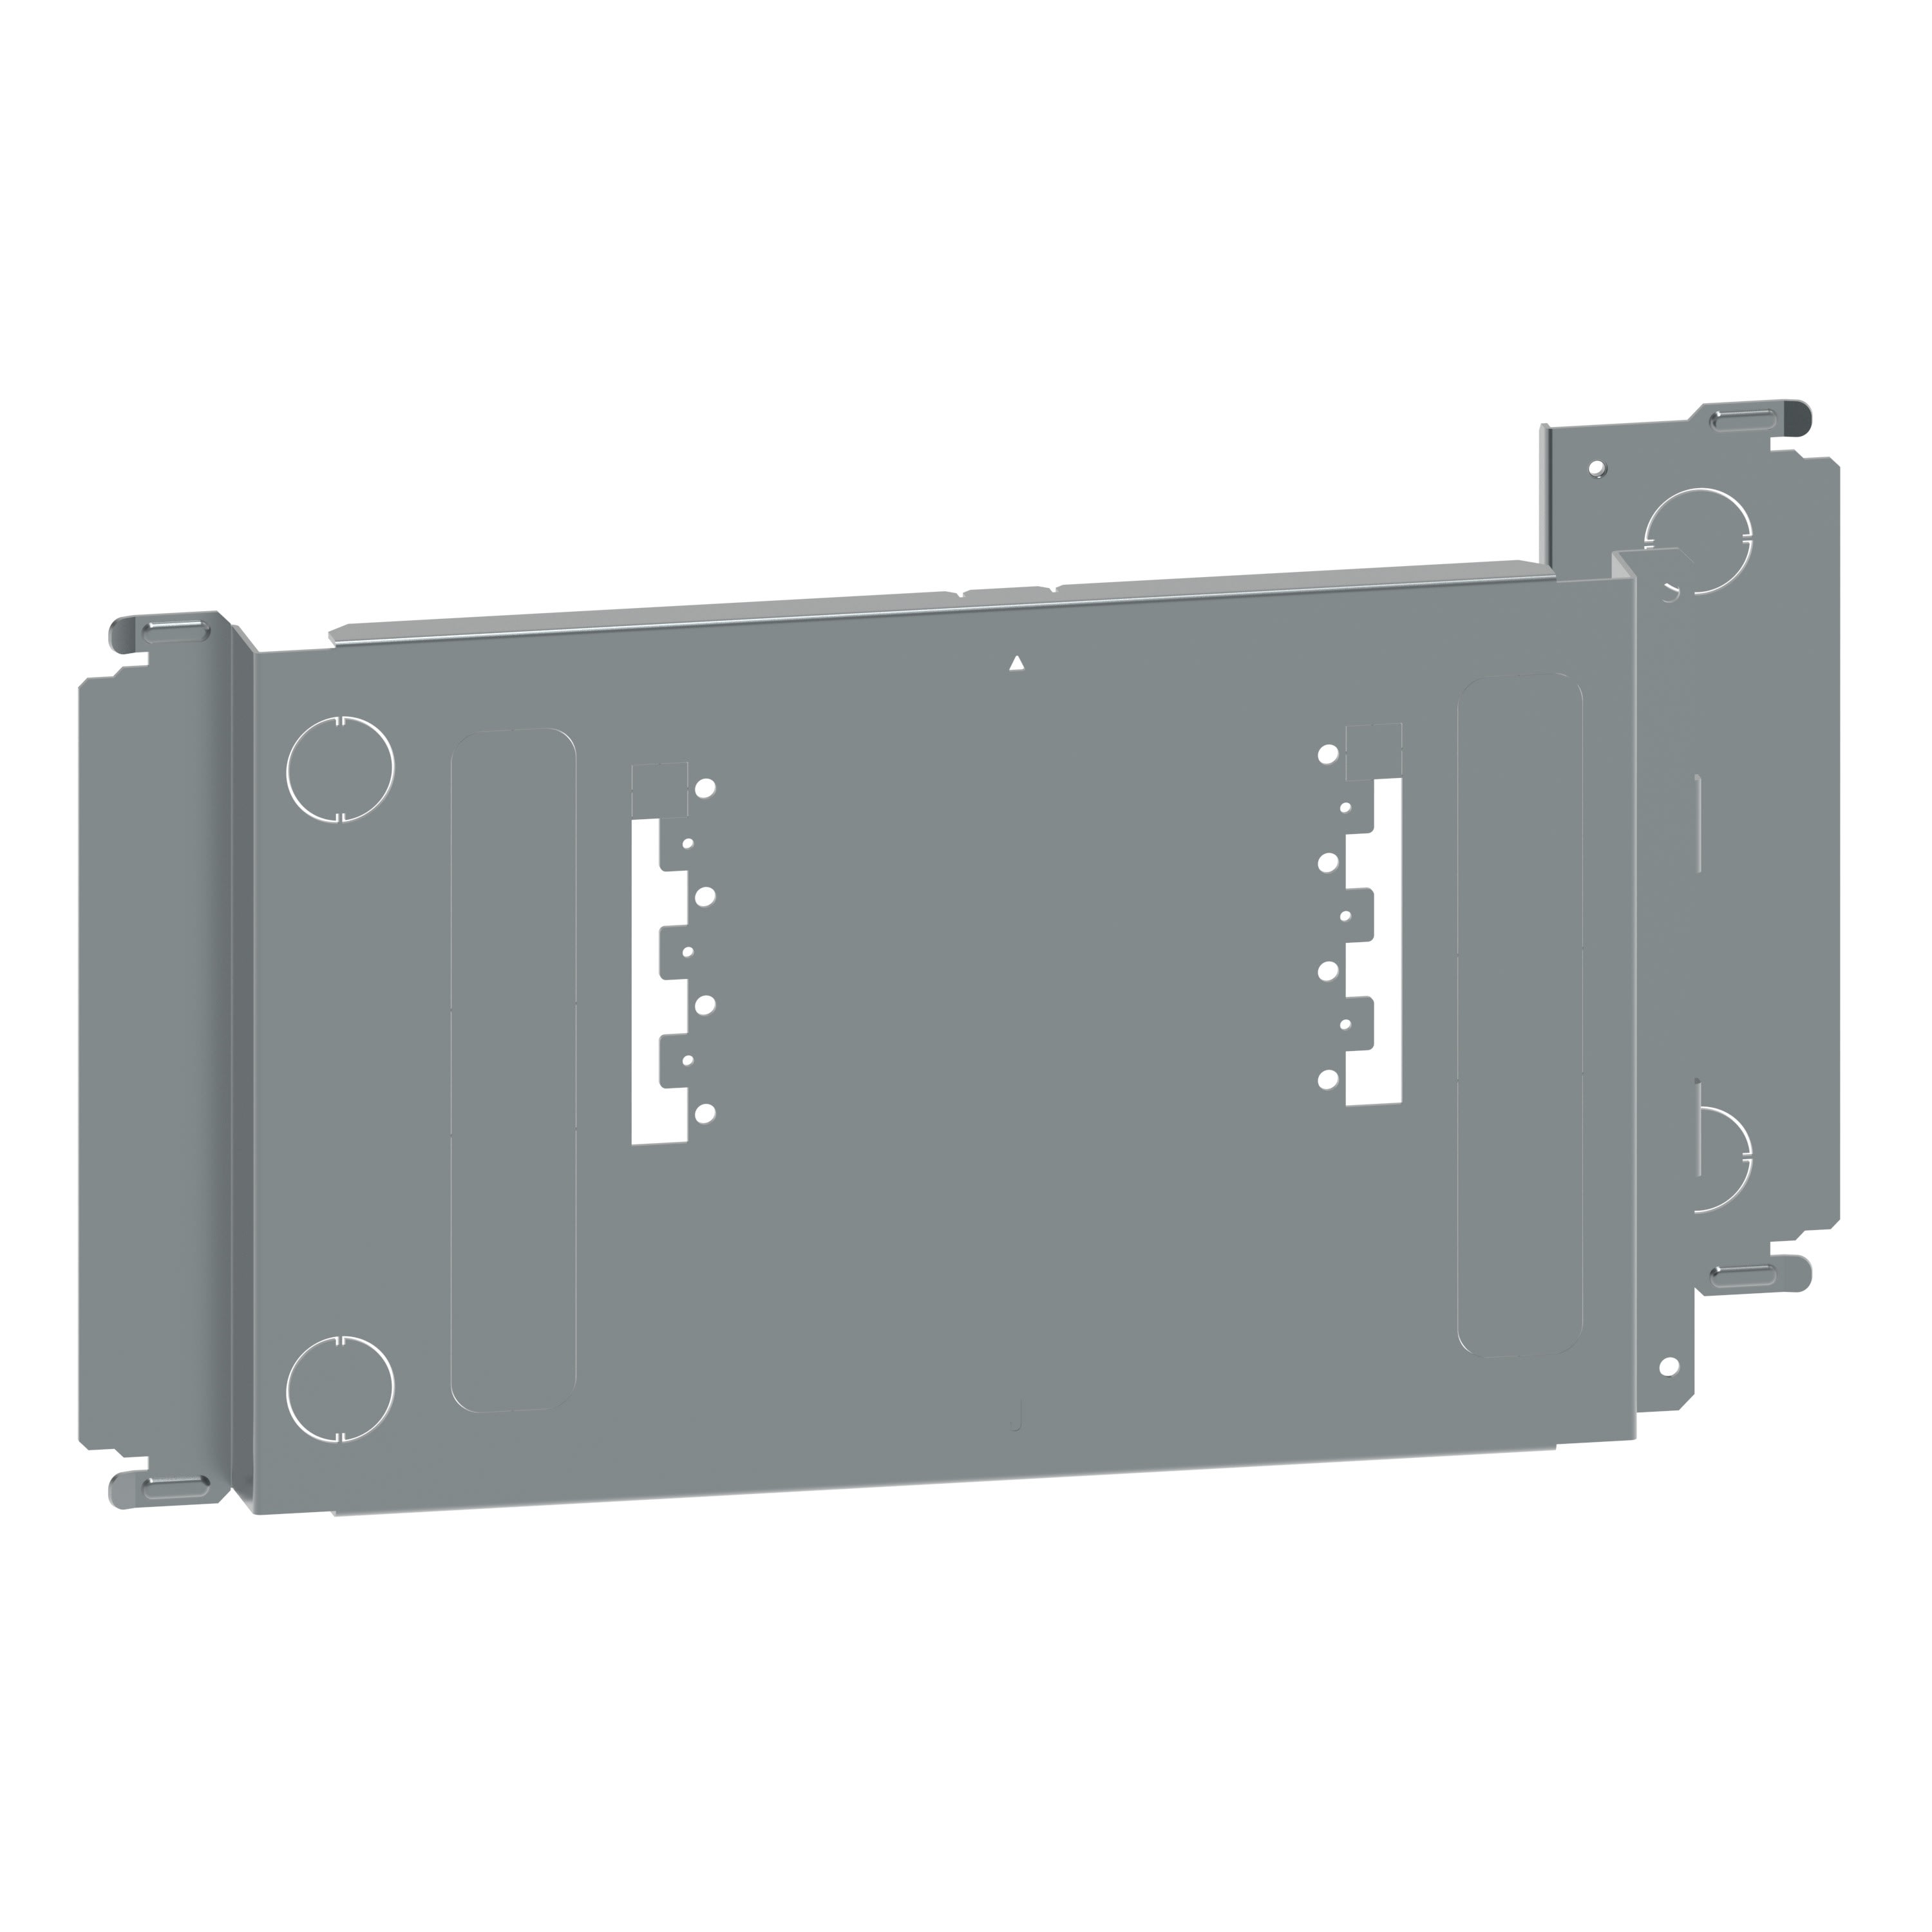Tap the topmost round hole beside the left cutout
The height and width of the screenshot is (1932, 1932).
pyautogui.click(x=706, y=787)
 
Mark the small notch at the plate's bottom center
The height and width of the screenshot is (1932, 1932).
pyautogui.click(x=1017, y=1419)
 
